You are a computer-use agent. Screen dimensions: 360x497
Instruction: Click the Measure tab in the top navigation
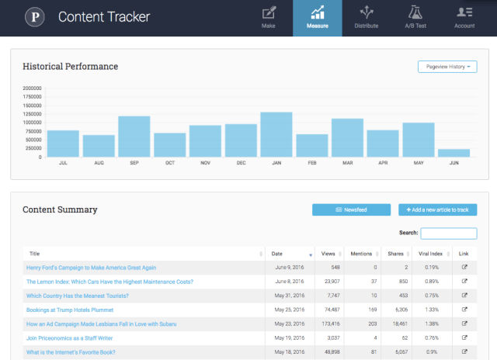click(x=318, y=18)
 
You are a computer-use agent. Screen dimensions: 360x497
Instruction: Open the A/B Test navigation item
click(x=415, y=18)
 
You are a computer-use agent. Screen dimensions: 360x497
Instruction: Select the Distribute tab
click(x=367, y=18)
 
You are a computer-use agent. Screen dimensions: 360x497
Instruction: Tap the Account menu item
click(x=464, y=18)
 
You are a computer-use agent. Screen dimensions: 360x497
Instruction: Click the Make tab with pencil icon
click(x=269, y=18)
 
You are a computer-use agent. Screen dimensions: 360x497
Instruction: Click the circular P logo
click(x=34, y=16)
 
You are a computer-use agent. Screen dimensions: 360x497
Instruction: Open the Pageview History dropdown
click(x=447, y=67)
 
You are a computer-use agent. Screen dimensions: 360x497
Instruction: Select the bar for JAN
click(x=276, y=135)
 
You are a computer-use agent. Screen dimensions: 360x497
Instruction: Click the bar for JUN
click(x=454, y=153)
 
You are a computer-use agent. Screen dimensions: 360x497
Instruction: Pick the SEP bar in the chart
click(x=134, y=137)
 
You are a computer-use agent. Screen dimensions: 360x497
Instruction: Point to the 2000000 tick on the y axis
click(x=32, y=88)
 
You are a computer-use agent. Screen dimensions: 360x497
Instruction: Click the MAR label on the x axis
click(x=347, y=163)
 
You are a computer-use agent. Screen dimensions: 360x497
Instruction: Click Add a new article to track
click(x=437, y=209)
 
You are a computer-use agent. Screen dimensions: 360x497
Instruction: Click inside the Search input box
click(x=449, y=233)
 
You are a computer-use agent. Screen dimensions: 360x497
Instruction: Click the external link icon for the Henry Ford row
click(x=464, y=268)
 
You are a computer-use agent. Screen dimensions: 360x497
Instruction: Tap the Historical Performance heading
click(x=71, y=67)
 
